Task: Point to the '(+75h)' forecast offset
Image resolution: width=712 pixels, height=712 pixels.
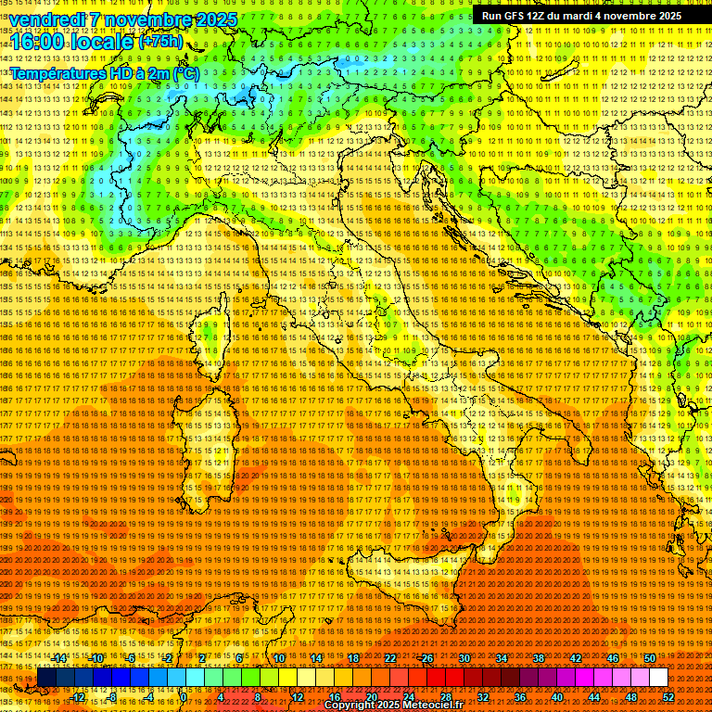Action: click(160, 42)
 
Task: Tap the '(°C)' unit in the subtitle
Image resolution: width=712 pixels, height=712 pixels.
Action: click(185, 72)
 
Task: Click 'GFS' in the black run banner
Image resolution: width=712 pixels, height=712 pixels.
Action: click(515, 16)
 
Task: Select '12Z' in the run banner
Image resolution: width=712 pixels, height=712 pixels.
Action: click(540, 16)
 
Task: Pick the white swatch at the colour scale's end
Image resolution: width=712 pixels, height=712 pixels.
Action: click(658, 678)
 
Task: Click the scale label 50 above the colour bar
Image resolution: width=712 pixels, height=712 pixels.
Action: click(649, 658)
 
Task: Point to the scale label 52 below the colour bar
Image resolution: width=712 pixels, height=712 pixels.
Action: click(668, 697)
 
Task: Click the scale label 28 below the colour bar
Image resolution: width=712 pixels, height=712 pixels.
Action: click(445, 697)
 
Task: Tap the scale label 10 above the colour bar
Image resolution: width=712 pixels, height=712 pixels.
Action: click(278, 658)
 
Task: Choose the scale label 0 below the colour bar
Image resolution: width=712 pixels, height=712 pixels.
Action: click(185, 697)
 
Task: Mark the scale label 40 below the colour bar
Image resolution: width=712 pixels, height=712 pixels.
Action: click(556, 697)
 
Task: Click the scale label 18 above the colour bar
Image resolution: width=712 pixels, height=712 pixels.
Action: click(352, 658)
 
